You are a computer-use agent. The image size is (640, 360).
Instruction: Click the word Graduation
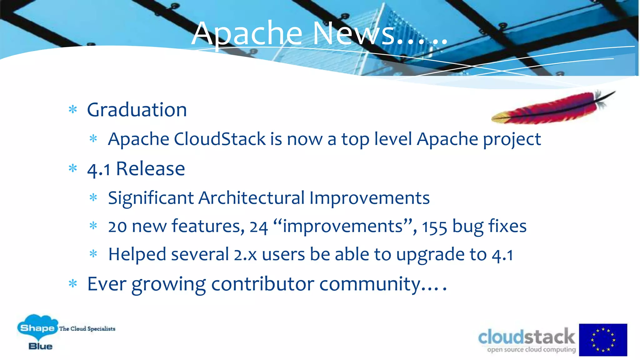(137, 110)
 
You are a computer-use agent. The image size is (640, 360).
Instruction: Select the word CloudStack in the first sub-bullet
(220, 139)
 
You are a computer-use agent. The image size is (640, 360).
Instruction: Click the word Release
(150, 169)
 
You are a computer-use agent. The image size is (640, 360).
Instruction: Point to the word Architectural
(252, 198)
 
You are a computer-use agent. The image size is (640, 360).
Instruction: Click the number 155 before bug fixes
(434, 227)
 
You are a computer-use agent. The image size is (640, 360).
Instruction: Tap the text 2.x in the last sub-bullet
(245, 254)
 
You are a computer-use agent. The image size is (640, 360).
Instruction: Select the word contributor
(262, 284)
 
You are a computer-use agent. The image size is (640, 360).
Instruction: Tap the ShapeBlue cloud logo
(37, 332)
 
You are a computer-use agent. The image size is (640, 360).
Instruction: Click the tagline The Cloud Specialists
(87, 329)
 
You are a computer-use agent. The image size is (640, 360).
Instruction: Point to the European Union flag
(603, 340)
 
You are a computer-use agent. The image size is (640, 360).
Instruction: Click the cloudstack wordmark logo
(527, 337)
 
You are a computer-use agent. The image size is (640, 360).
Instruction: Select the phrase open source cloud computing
(531, 349)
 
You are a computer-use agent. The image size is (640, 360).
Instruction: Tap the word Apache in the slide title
(247, 34)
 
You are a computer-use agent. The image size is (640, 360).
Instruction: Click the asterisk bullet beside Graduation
(73, 110)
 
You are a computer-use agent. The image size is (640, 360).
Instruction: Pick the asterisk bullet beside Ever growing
(73, 284)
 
